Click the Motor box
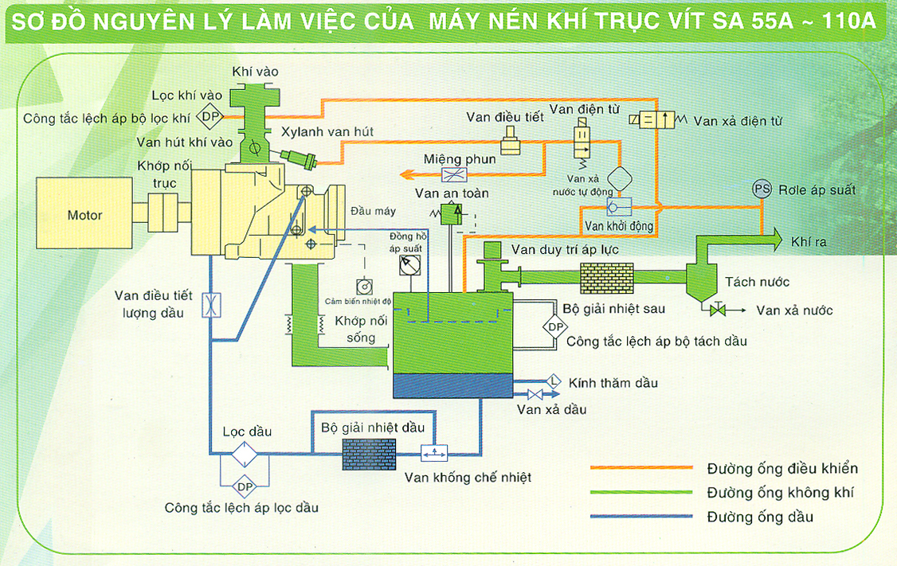click(86, 215)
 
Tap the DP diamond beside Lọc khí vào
click(210, 117)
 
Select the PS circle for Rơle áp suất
click(762, 189)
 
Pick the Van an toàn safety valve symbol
click(452, 213)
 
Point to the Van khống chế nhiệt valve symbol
click(435, 453)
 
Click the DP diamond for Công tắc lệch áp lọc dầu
click(243, 485)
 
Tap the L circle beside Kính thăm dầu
click(554, 381)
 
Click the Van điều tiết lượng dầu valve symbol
click(213, 306)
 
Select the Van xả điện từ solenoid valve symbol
click(655, 120)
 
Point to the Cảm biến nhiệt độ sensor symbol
click(364, 286)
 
